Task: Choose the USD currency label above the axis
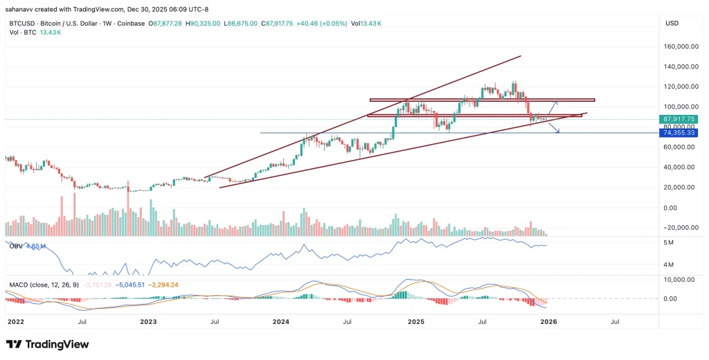[671, 24]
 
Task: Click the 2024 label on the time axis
[280, 322]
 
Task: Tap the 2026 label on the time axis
[548, 322]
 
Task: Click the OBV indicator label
[15, 246]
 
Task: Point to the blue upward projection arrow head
[557, 102]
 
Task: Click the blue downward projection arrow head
[558, 132]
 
